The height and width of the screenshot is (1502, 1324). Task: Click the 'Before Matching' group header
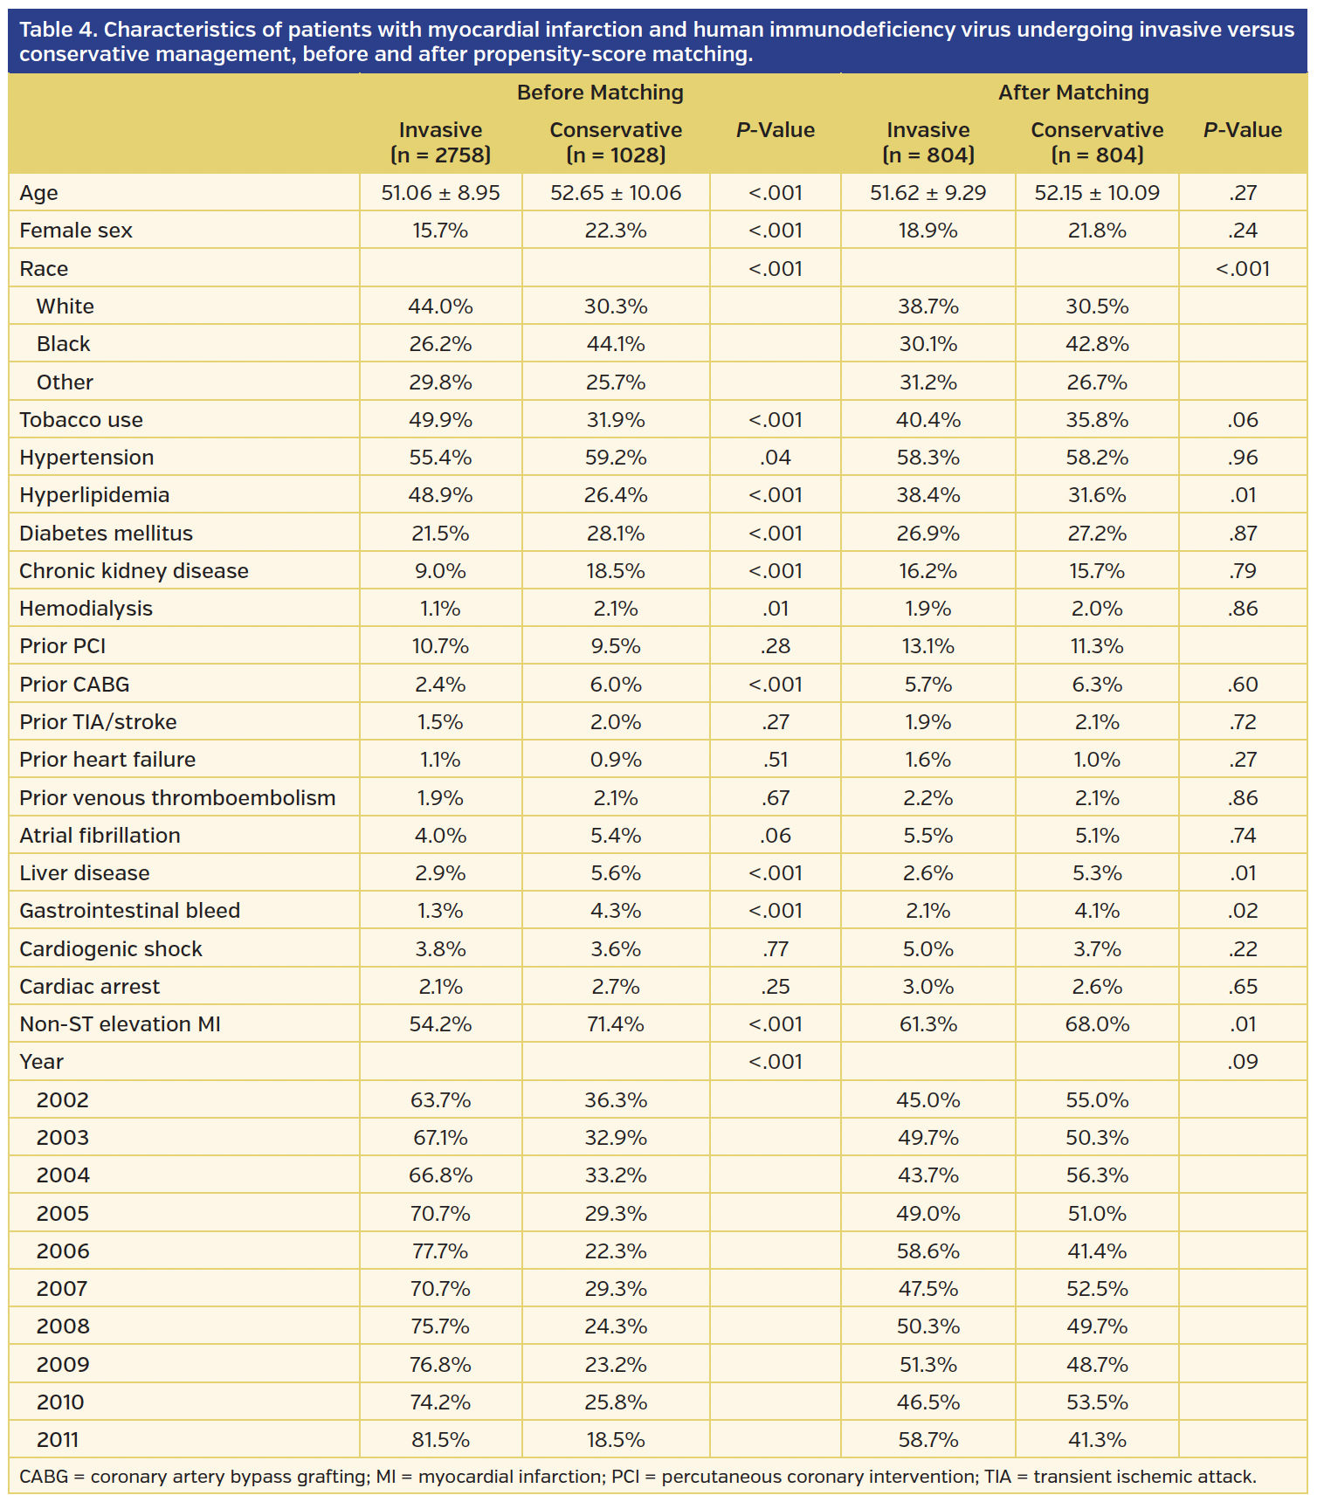tap(600, 93)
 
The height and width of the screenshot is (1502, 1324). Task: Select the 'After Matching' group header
tap(1073, 93)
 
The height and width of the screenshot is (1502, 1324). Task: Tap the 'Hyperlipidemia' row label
tap(94, 495)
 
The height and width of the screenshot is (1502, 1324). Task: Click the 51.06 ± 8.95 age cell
tap(440, 193)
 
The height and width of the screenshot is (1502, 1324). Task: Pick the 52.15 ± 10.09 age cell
tap(1097, 193)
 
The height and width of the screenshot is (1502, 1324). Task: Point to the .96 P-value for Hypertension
tap(1243, 458)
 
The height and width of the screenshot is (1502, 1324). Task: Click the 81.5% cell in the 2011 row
tap(440, 1440)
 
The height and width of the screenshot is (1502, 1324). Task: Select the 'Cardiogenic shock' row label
tap(111, 949)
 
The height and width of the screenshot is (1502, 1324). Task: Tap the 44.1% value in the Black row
tap(616, 344)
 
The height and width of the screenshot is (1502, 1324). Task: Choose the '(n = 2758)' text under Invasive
tap(440, 155)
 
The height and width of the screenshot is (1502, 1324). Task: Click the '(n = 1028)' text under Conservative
tap(616, 155)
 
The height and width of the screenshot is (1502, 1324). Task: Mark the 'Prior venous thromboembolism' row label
tap(177, 798)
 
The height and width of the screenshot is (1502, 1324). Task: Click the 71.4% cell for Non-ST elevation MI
tap(616, 1024)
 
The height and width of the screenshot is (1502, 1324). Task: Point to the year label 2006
tap(63, 1251)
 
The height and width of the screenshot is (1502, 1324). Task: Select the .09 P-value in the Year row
tap(1243, 1062)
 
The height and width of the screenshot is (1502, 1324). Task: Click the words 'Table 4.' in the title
tap(58, 30)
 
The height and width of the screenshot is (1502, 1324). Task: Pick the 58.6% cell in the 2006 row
tap(927, 1251)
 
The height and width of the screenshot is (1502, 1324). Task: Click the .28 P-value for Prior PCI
tap(776, 646)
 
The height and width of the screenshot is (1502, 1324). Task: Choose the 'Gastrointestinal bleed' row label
tap(129, 911)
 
